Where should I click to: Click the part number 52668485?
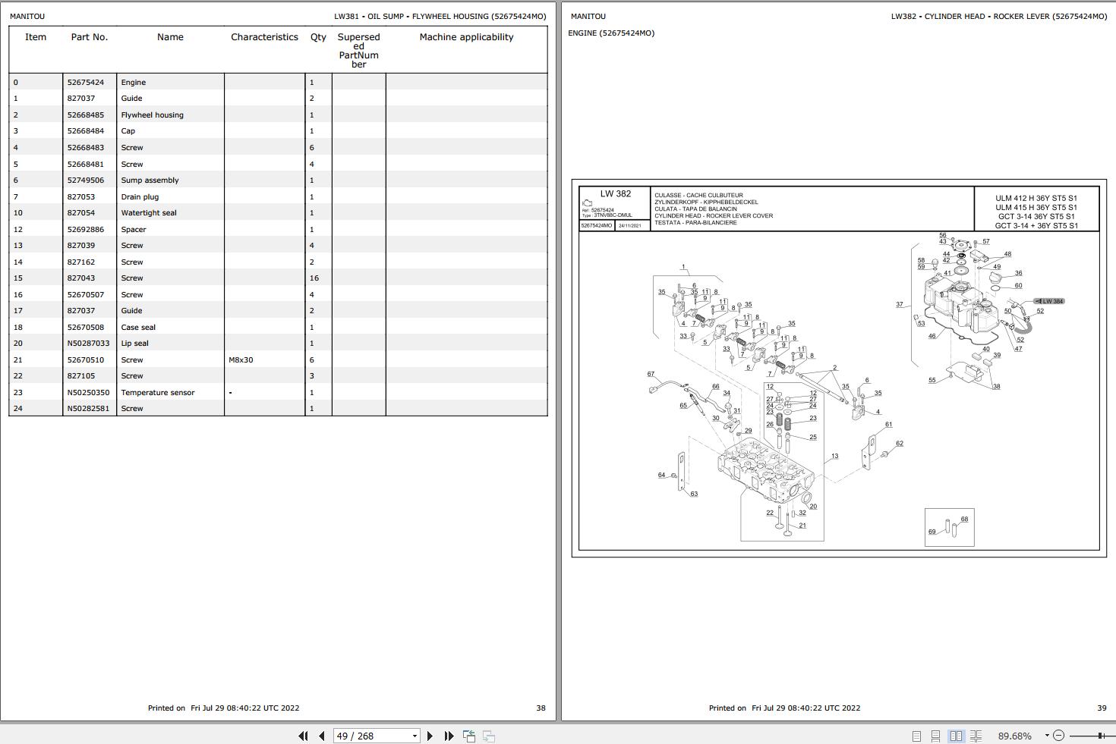(86, 115)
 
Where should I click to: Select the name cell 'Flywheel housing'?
(152, 115)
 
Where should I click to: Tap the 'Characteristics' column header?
(264, 37)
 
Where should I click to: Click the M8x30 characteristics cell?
(241, 360)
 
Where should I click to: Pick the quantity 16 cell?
(314, 278)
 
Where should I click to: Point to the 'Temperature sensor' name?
(158, 393)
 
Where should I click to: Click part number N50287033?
(88, 344)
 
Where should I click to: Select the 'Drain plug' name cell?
(140, 197)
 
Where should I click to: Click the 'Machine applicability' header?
(466, 37)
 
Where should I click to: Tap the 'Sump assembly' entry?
(150, 181)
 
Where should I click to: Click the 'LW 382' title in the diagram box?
(615, 194)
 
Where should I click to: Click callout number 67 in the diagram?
(651, 374)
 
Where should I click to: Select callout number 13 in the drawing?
(834, 457)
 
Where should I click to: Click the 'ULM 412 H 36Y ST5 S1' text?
(1036, 199)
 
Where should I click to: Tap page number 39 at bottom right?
(1102, 708)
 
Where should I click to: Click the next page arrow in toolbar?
(430, 736)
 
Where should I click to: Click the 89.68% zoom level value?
(1014, 736)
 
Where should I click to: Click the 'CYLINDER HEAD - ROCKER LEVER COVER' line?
(714, 216)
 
